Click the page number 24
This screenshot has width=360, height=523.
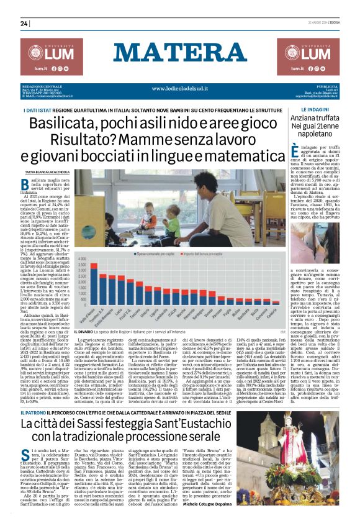(24, 24)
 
